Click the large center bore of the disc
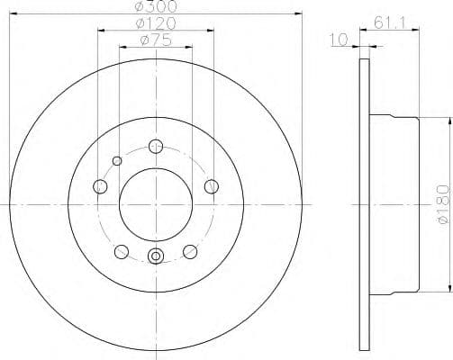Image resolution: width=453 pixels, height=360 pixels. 156,203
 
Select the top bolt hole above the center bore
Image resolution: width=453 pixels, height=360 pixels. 156,146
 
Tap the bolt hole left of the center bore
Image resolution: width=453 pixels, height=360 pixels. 100,186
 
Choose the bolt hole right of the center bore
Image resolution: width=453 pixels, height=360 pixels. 213,186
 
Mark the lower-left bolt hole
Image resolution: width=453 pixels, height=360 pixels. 122,251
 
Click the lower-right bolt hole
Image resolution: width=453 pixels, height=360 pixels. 190,251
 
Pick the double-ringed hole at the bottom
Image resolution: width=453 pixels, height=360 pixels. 156,257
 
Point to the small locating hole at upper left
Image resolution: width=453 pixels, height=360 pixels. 116,160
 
